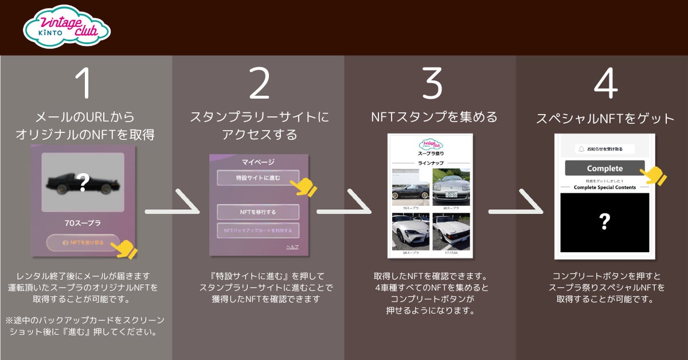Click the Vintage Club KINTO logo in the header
point(66,27)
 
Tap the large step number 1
point(85,84)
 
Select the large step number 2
point(259,84)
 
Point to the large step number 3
point(431,84)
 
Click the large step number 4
point(605,84)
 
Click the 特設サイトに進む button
point(258,178)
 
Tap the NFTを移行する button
point(258,212)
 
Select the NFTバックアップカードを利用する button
point(258,230)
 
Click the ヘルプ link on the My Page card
point(292,247)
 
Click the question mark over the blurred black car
point(83,183)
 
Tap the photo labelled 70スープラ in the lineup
point(409,187)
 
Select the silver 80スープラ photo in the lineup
point(451,187)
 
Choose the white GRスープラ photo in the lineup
point(409,232)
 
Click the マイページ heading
point(259,162)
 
